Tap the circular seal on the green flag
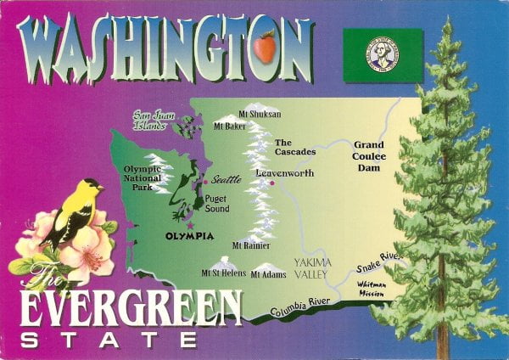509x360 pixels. [x=382, y=53]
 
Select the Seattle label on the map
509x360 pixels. [x=226, y=179]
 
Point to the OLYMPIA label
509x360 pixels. [x=188, y=236]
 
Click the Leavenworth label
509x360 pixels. [x=285, y=172]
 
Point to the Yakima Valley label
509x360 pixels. [x=312, y=268]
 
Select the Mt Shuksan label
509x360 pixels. [x=260, y=114]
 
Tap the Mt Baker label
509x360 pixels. [x=230, y=127]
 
